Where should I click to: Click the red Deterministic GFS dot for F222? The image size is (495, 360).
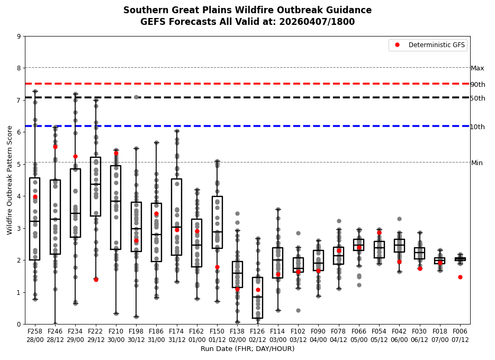coord(96,280)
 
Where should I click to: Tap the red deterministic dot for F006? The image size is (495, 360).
coord(460,277)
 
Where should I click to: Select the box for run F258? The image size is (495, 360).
coord(35,219)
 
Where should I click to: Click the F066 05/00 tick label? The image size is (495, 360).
coord(359,335)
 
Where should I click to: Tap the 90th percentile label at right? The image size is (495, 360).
coord(478,85)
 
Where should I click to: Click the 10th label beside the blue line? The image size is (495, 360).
coord(478,127)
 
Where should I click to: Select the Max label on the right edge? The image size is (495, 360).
coord(478,68)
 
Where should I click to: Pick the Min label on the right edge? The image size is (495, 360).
coord(477,163)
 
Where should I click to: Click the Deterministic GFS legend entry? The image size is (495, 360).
coord(429,45)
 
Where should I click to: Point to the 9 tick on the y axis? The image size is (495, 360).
coord(19,37)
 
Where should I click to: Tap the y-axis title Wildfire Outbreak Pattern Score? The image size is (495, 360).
coord(10,180)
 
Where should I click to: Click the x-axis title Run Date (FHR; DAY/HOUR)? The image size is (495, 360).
coord(247,349)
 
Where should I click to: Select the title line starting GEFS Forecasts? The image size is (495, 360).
coord(247,22)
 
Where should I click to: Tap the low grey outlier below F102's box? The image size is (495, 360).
coord(298,310)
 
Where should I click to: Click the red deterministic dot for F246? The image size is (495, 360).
coord(55,147)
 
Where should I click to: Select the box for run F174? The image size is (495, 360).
coord(176,217)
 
